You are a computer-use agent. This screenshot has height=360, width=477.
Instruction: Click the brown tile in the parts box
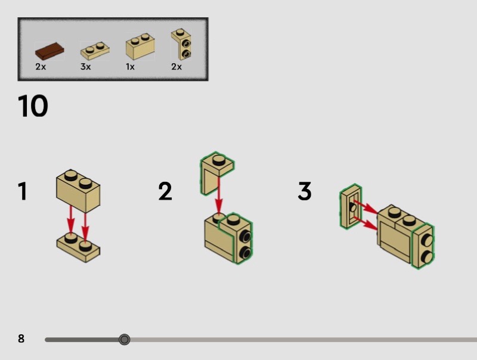tap(49, 51)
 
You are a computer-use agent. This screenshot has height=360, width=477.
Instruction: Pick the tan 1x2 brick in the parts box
tap(140, 46)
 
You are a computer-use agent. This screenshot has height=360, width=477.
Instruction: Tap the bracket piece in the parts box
tap(181, 44)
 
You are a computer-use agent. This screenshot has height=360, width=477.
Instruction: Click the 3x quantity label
tap(85, 67)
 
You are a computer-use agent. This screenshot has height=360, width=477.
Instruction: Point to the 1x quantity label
tap(130, 67)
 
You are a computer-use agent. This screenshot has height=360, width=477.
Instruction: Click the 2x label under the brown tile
tap(41, 67)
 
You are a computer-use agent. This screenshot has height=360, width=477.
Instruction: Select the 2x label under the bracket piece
tap(176, 67)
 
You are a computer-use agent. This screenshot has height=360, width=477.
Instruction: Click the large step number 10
tap(33, 106)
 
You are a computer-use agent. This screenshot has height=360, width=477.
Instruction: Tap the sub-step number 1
tap(23, 191)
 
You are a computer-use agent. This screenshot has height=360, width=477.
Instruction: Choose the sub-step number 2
tap(165, 191)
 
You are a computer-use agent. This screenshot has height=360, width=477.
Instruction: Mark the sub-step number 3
tap(305, 191)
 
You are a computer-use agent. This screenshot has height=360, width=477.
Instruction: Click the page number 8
tap(21, 339)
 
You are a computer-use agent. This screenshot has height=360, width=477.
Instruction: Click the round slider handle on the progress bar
tap(124, 339)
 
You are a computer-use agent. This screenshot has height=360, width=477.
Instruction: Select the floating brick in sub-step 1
tap(78, 191)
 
